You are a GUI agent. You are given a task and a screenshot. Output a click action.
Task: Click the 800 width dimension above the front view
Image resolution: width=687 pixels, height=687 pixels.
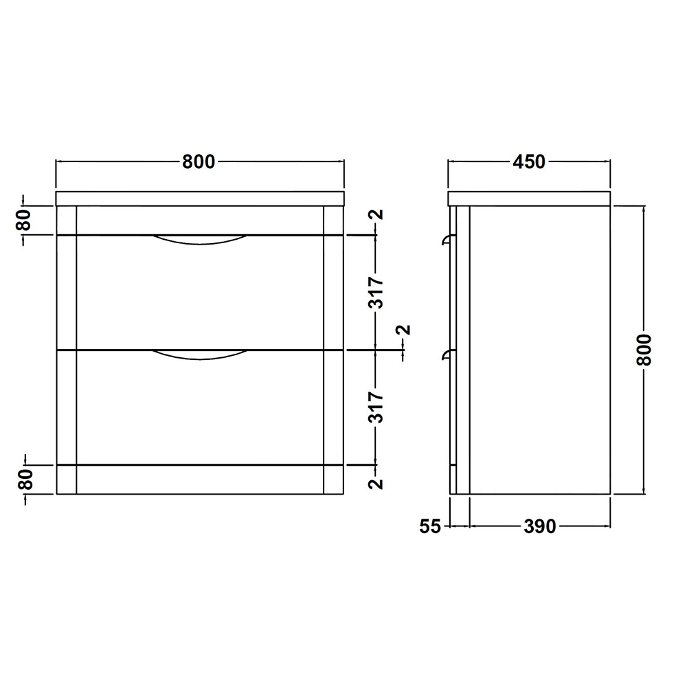(199, 162)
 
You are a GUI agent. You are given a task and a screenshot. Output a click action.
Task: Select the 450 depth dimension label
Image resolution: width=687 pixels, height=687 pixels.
(528, 162)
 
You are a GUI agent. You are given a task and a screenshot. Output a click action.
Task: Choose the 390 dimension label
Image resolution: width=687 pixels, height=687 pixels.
(539, 527)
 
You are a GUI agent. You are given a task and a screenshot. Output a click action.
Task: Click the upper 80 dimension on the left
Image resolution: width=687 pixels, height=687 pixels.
(24, 221)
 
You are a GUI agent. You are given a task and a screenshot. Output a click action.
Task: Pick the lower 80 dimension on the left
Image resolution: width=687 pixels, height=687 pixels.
(24, 480)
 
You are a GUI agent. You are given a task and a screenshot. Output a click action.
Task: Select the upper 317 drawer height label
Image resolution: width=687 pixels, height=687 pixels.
(376, 293)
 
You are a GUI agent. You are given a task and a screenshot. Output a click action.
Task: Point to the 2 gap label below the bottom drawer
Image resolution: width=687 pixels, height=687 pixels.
(376, 483)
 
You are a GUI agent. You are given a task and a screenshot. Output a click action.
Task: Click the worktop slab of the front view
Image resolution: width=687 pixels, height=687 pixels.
(199, 199)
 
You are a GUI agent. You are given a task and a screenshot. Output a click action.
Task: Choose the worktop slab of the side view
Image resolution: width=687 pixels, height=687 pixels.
(529, 199)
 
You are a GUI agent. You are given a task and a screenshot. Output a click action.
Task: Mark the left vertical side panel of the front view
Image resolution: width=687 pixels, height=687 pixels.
(67, 350)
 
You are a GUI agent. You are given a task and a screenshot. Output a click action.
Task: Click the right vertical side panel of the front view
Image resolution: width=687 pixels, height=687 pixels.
(333, 350)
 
